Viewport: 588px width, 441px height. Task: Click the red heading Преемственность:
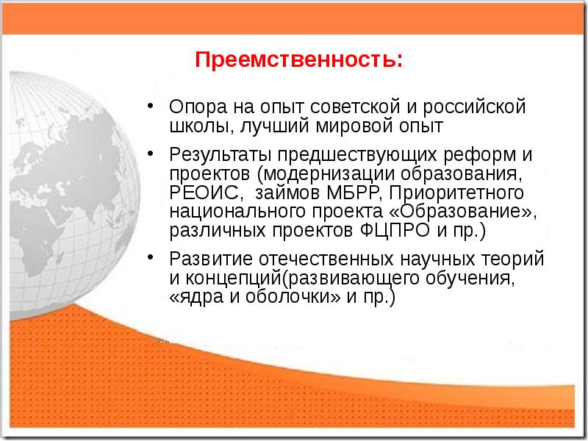point(298,59)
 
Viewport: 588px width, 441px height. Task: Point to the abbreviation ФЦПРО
point(391,231)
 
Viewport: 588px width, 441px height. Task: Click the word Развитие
point(205,260)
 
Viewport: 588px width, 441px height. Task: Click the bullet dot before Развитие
point(150,259)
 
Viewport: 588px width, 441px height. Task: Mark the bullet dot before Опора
point(150,106)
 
